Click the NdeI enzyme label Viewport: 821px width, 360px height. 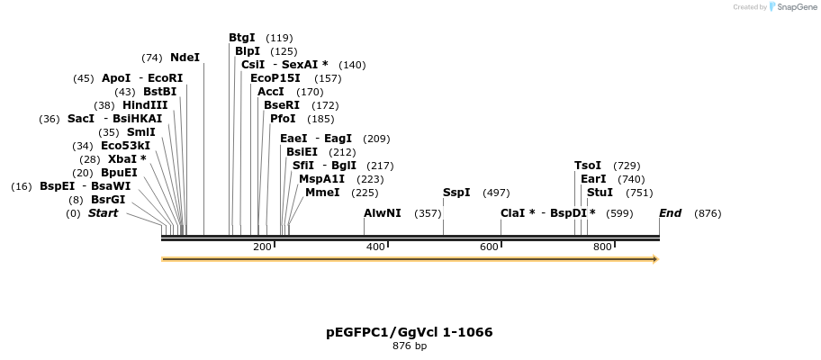(185, 58)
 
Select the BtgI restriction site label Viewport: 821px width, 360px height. (242, 38)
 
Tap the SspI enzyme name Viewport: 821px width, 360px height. (456, 193)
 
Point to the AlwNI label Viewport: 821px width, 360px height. (383, 213)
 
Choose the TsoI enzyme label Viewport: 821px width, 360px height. (588, 166)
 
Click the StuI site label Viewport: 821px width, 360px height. (600, 193)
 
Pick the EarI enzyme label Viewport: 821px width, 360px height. (593, 179)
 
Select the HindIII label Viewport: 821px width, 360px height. (145, 105)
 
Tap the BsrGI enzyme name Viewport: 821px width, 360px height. (108, 200)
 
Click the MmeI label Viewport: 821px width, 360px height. (322, 193)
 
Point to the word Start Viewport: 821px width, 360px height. (103, 213)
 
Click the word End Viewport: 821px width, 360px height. (671, 213)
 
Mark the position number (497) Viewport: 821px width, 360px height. (496, 193)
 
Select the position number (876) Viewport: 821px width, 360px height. (708, 213)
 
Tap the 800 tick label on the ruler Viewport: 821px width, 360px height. (602, 247)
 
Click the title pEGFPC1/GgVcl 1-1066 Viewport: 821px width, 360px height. (410, 332)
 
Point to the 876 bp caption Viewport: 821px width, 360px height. (410, 346)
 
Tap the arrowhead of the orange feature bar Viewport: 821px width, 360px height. (655, 259)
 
